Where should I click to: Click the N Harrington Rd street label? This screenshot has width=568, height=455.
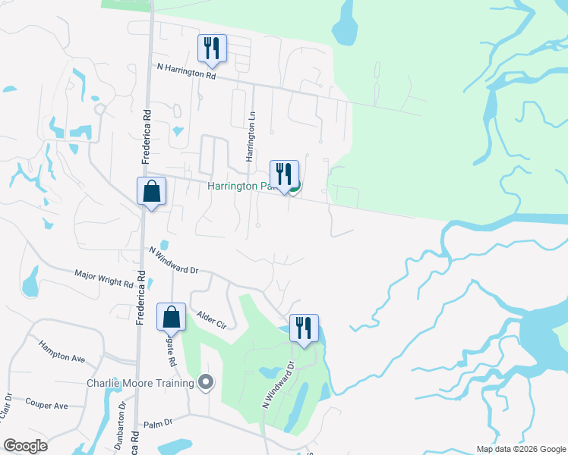pyautogui.click(x=187, y=72)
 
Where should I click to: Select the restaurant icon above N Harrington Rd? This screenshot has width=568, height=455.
pyautogui.click(x=211, y=48)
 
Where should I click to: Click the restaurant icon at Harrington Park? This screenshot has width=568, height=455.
pyautogui.click(x=284, y=174)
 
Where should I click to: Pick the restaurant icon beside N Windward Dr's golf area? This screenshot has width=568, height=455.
pyautogui.click(x=304, y=328)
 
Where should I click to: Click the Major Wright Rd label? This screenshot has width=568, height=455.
pyautogui.click(x=104, y=278)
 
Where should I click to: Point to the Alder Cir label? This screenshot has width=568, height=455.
pyautogui.click(x=211, y=318)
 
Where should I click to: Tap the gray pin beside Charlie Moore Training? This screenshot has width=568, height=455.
pyautogui.click(x=204, y=382)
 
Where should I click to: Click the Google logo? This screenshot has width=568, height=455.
pyautogui.click(x=26, y=446)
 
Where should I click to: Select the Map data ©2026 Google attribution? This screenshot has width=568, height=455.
pyautogui.click(x=520, y=449)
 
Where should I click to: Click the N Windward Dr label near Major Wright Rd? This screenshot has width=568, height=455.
pyautogui.click(x=173, y=259)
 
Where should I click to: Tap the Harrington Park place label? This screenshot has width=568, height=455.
pyautogui.click(x=240, y=186)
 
